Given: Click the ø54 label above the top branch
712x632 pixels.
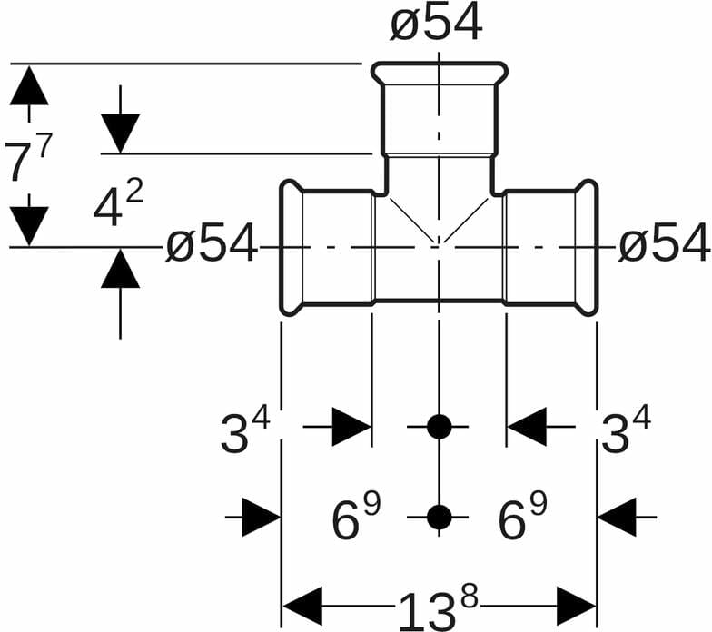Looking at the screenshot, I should point(436,24).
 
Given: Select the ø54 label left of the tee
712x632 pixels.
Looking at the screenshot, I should point(212,245).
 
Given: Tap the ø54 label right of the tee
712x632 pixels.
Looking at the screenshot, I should point(664,244).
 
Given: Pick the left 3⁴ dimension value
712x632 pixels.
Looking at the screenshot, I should point(245,432).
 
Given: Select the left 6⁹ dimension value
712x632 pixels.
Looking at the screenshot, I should point(355,518).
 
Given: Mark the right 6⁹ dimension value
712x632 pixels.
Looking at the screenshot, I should point(522,518).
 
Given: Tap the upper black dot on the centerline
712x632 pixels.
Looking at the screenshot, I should point(439,426).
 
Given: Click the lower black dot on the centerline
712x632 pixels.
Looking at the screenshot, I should point(439,517).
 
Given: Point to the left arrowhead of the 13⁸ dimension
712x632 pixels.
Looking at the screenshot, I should point(302,606).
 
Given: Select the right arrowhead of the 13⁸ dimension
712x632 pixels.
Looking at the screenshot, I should point(576,606).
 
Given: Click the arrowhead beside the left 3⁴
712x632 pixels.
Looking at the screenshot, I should point(351,427).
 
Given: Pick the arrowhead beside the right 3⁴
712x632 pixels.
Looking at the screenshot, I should point(527,427).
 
